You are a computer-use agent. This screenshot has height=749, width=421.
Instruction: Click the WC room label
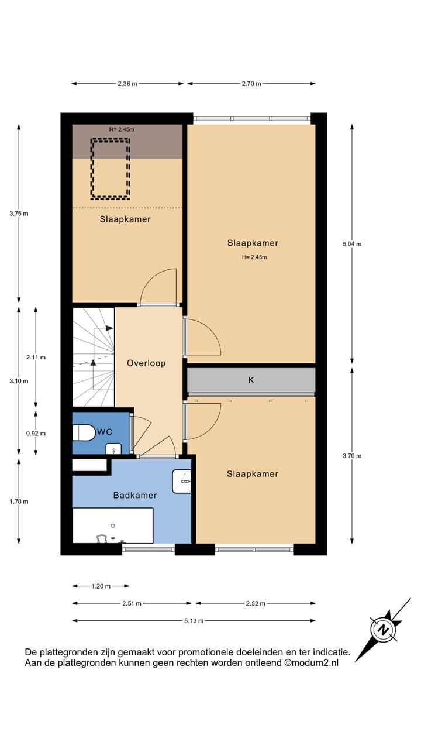pyautogui.click(x=105, y=432)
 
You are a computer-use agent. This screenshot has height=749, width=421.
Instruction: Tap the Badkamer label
pyautogui.click(x=134, y=495)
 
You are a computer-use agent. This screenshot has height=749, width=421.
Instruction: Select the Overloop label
pyautogui.click(x=146, y=363)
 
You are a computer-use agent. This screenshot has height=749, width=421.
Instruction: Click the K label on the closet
pyautogui.click(x=251, y=380)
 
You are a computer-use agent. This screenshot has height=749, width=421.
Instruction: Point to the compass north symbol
pyautogui.click(x=384, y=630)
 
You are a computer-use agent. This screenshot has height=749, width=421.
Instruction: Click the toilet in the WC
pyautogui.click(x=83, y=433)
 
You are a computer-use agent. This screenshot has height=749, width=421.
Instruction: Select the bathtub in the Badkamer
pyautogui.click(x=112, y=525)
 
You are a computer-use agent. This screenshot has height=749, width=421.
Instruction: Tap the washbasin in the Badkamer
pyautogui.click(x=182, y=481)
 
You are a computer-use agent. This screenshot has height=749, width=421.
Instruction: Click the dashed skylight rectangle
pyautogui.click(x=109, y=168)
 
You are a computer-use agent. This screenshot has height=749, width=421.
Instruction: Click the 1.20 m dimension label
pyautogui.click(x=101, y=586)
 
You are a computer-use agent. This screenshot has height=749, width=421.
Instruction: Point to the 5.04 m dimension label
pyautogui.click(x=352, y=244)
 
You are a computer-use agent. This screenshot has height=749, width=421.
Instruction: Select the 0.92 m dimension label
pyautogui.click(x=36, y=434)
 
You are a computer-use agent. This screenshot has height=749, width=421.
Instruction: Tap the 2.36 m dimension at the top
pyautogui.click(x=127, y=84)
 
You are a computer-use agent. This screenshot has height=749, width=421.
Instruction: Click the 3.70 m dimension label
pyautogui.click(x=352, y=456)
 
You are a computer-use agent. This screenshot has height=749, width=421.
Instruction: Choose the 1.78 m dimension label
pyautogui.click(x=19, y=501)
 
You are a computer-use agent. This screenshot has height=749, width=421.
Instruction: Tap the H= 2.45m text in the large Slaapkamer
pyautogui.click(x=252, y=257)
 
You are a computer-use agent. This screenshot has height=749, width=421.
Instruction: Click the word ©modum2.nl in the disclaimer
pyautogui.click(x=311, y=663)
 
